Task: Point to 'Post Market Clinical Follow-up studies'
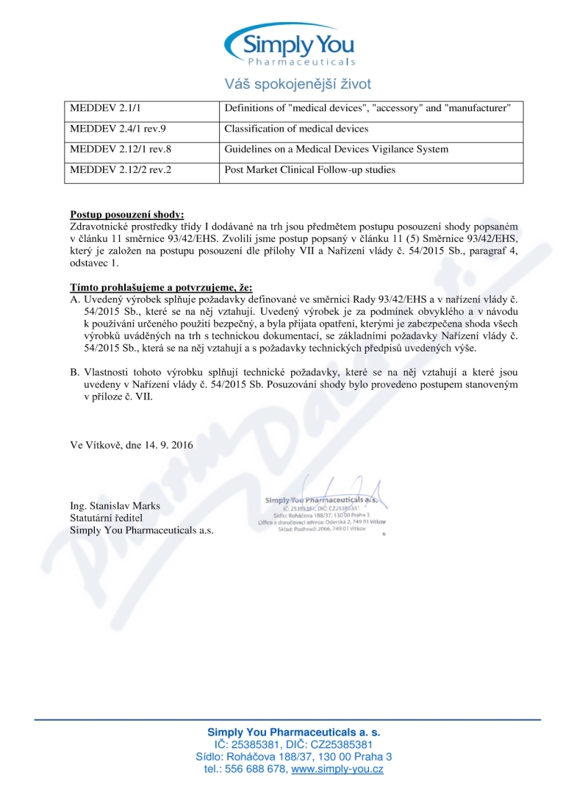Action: pos(309,170)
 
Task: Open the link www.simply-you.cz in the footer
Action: pos(337,769)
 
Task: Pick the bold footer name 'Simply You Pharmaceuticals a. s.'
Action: pos(294,733)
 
